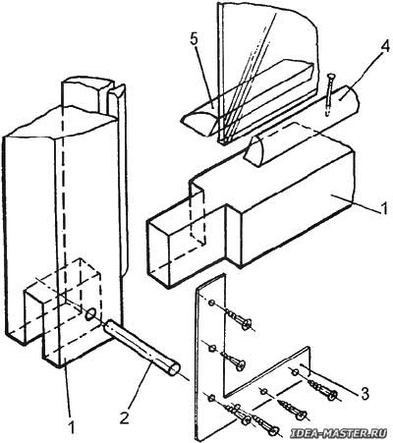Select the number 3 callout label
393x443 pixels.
[365, 394]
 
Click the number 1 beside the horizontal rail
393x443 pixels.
[384, 207]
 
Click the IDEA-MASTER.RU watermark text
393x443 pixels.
[341, 433]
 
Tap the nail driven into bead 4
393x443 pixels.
[329, 94]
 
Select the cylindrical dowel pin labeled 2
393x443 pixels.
[142, 347]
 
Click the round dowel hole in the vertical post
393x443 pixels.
[90, 314]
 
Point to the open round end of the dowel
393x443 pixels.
[173, 369]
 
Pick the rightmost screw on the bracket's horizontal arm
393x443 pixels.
[323, 389]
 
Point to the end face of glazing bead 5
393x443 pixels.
[199, 124]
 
